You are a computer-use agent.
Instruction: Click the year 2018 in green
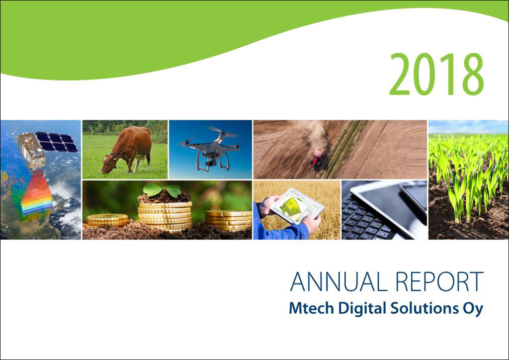(436, 74)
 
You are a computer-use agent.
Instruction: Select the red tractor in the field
(317, 158)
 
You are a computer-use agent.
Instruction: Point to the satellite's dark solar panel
(57, 142)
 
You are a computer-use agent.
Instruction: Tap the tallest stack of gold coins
(165, 215)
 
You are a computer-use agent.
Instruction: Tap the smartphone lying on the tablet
(414, 196)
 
